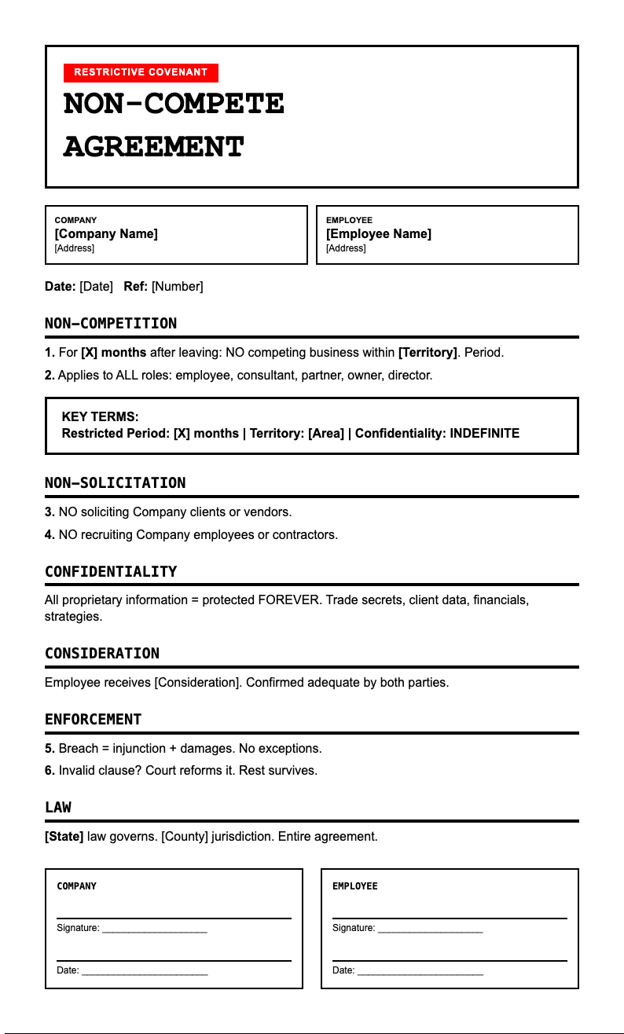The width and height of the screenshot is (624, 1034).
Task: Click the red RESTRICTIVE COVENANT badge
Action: [141, 72]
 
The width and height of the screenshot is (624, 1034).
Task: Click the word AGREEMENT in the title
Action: [154, 147]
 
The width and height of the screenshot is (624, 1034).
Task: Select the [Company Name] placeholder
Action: [106, 233]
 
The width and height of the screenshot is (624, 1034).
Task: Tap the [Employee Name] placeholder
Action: [379, 233]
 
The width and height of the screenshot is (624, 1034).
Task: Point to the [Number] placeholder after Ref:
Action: [178, 286]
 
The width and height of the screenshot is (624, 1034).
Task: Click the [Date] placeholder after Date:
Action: [97, 286]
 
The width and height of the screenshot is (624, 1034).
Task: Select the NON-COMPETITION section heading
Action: [111, 323]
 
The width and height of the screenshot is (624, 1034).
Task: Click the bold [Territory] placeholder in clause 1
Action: [428, 352]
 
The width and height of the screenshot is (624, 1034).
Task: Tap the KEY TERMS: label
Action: [100, 416]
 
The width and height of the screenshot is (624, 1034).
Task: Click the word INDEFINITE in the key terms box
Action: [484, 433]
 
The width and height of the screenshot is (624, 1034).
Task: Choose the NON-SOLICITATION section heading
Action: [116, 482]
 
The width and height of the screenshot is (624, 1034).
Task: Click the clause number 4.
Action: [50, 534]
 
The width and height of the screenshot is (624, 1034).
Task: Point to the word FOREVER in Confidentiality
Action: [288, 599]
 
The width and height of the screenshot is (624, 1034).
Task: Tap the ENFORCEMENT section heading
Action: [94, 719]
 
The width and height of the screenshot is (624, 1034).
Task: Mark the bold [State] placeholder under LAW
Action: [64, 836]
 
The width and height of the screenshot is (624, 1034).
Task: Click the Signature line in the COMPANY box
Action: [154, 929]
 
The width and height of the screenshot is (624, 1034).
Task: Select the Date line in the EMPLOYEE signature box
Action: [420, 971]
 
